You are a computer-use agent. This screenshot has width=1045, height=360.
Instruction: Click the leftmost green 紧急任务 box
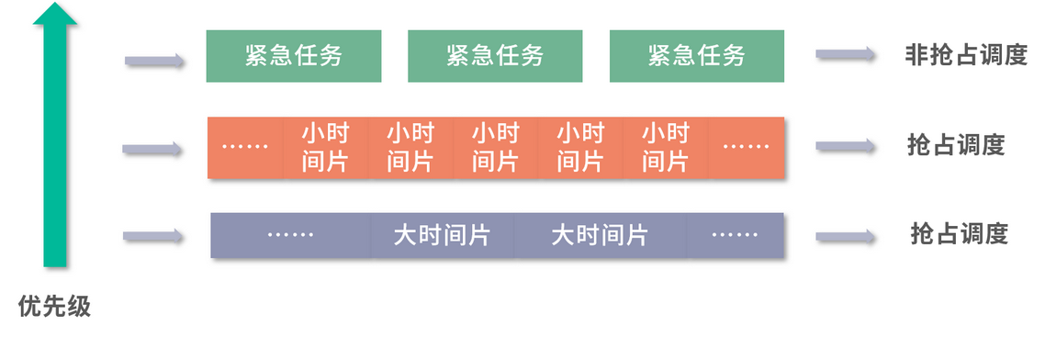click(x=293, y=56)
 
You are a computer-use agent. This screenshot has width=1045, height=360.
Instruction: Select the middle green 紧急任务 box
click(x=495, y=56)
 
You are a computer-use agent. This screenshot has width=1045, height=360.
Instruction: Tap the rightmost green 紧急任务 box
click(x=696, y=56)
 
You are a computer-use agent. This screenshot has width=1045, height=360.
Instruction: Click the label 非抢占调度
click(x=965, y=56)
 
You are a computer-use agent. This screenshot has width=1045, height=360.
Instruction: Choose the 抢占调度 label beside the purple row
click(x=959, y=234)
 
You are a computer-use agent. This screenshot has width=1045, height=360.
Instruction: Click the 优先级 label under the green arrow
click(x=54, y=306)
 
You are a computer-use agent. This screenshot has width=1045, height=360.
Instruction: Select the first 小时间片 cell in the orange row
click(x=325, y=147)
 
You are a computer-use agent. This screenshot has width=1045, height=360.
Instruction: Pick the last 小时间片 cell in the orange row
click(x=665, y=147)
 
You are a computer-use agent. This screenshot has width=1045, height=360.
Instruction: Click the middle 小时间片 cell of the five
click(x=495, y=147)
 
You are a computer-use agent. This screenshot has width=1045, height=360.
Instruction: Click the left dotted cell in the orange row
click(x=246, y=147)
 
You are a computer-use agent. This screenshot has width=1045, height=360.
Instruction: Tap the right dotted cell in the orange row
click(x=746, y=147)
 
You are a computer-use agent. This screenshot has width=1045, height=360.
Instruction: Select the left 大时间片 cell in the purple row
click(x=442, y=235)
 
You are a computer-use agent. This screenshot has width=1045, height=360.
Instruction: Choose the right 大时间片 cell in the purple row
click(x=600, y=235)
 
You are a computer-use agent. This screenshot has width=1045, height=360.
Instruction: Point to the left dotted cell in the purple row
click(x=290, y=235)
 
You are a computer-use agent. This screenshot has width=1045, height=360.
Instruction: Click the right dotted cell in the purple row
click(x=735, y=235)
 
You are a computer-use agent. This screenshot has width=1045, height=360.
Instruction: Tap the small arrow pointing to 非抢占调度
click(x=845, y=55)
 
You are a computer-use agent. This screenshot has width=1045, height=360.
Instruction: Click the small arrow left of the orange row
click(x=152, y=148)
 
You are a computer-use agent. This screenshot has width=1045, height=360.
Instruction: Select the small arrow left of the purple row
click(x=152, y=236)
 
